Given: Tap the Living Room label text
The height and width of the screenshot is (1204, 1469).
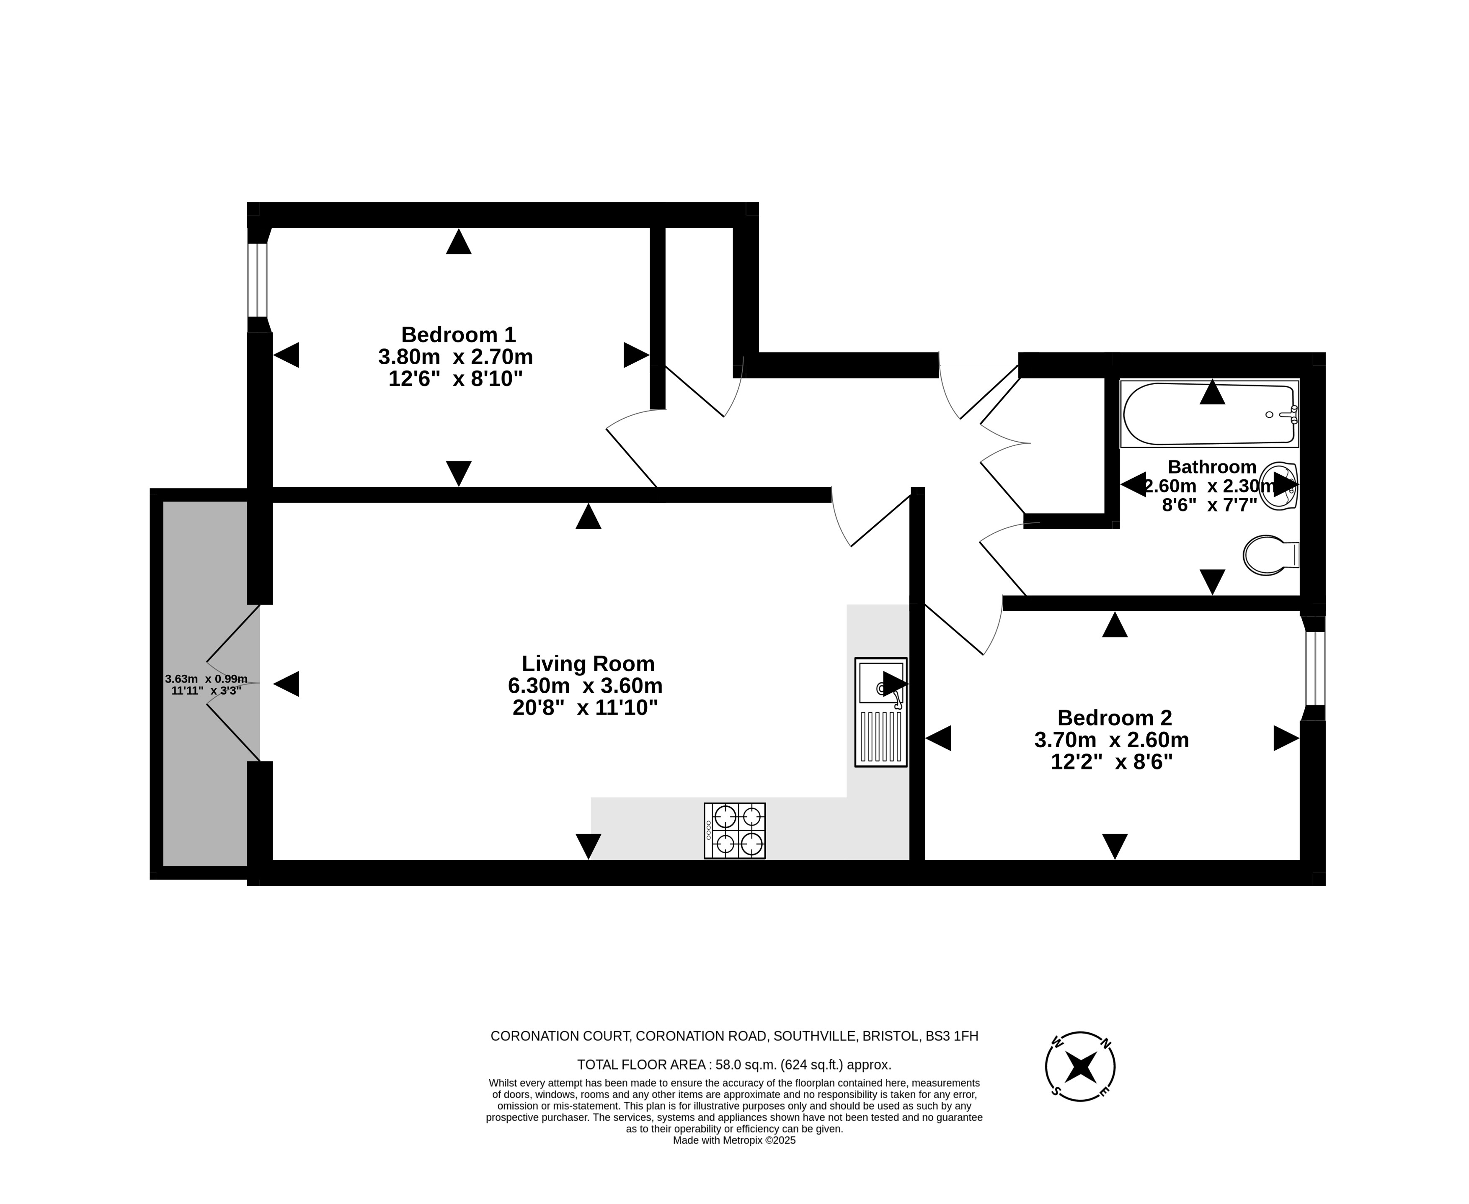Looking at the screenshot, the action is [588, 664].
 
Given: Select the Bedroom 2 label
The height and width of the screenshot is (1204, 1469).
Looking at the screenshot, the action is [1114, 718].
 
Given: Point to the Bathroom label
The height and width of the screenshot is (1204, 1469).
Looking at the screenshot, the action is [1211, 467].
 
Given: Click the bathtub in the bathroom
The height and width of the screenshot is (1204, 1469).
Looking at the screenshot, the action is [1209, 413].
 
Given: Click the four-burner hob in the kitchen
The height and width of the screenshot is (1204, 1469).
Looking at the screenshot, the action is [735, 831].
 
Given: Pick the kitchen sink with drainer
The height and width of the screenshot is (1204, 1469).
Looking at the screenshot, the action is [880, 712].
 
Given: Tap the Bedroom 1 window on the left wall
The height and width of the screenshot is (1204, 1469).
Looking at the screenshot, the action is [258, 280].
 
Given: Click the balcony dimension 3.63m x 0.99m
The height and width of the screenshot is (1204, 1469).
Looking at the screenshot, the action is [206, 679].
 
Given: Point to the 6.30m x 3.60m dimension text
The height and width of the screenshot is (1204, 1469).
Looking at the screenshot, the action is [585, 686].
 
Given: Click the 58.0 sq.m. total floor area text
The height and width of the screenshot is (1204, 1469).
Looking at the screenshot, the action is [734, 1065].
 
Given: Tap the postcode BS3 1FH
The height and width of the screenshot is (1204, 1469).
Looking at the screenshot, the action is [952, 1036].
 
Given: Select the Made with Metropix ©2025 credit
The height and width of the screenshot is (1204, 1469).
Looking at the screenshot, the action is [734, 1140].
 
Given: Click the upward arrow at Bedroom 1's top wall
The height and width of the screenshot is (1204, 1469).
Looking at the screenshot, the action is [459, 242].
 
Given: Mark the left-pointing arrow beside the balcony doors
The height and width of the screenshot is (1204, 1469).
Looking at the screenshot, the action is [286, 684].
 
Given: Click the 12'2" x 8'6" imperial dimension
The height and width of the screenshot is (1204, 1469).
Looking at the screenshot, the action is [1112, 762].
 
